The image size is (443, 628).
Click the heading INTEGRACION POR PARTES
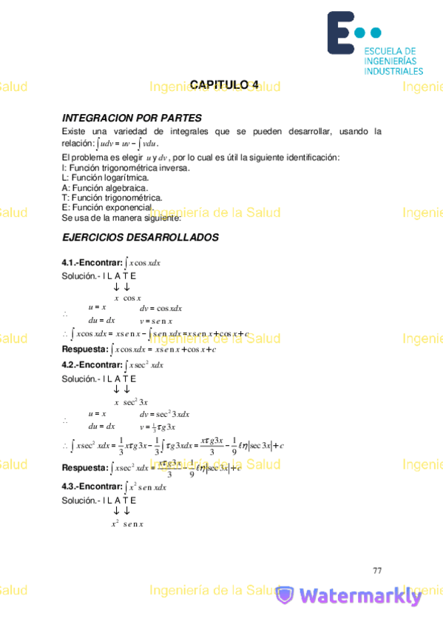pyautogui.click(x=132, y=118)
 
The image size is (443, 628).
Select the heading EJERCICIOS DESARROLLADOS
pyautogui.click(x=141, y=238)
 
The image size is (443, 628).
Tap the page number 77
pyautogui.click(x=377, y=570)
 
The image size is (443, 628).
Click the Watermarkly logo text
pyautogui.click(x=360, y=595)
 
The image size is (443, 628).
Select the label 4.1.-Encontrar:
pyautogui.click(x=92, y=262)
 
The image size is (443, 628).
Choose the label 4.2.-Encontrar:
pyautogui.click(x=92, y=365)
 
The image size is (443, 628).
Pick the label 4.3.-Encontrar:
pyautogui.click(x=92, y=487)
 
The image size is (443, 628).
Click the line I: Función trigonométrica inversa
pyautogui.click(x=126, y=168)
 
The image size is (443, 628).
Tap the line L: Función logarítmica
pyautogui.click(x=106, y=178)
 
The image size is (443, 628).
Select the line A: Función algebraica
pyautogui.click(x=105, y=188)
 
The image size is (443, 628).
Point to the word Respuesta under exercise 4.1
pyautogui.click(x=84, y=349)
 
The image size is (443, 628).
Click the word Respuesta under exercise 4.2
pyautogui.click(x=84, y=468)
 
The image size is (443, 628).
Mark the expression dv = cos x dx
pyautogui.click(x=160, y=308)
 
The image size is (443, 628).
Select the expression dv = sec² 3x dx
pyautogui.click(x=164, y=414)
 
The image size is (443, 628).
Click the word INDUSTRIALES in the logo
pyautogui.click(x=393, y=71)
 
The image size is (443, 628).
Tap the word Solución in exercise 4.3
pyautogui.click(x=79, y=500)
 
